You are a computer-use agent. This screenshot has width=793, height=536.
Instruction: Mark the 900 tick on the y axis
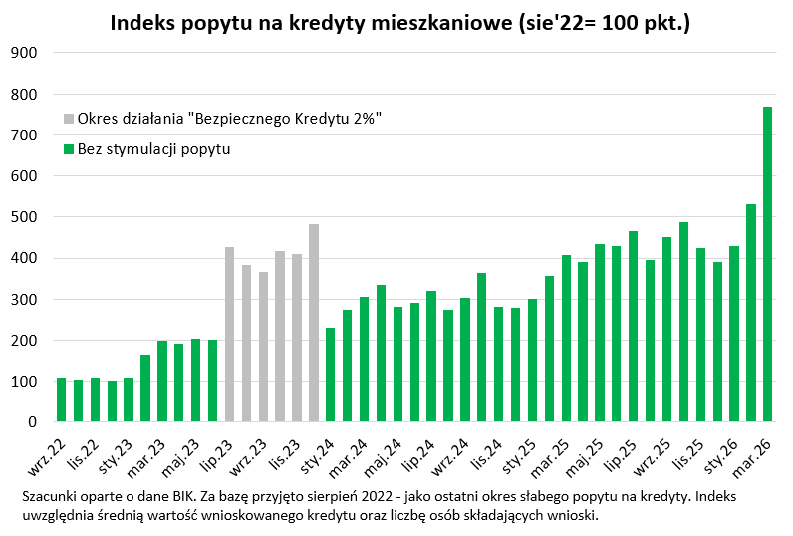tap(22, 53)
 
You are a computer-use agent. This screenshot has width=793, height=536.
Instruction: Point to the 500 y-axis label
tap(22, 217)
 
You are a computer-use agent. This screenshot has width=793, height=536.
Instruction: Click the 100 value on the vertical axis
tap(22, 382)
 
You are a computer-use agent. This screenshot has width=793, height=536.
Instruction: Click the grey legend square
tap(69, 119)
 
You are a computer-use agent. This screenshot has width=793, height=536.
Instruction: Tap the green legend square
tap(69, 149)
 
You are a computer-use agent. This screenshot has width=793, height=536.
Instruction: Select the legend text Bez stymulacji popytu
tap(153, 149)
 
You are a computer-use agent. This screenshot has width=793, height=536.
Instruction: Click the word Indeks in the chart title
tap(145, 22)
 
